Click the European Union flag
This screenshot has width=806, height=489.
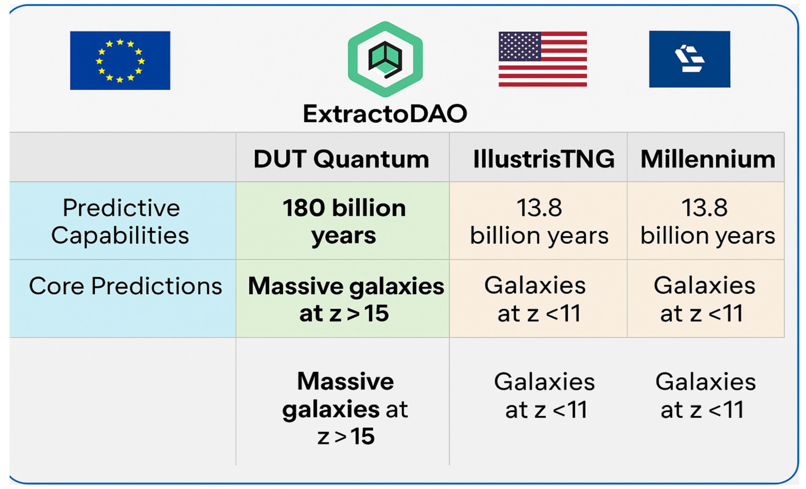pyautogui.click(x=120, y=61)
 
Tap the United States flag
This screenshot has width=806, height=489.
pyautogui.click(x=543, y=59)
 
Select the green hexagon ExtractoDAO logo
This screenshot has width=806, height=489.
pyautogui.click(x=385, y=59)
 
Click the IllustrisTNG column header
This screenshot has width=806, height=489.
pyautogui.click(x=544, y=159)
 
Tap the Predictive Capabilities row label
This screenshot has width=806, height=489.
pyautogui.click(x=120, y=222)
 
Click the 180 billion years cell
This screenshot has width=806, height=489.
pyautogui.click(x=344, y=222)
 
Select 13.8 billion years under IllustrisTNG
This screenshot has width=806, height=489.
pyautogui.click(x=539, y=222)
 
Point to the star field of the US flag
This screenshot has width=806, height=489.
pyautogui.click(x=519, y=46)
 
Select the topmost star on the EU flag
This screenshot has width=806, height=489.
pyautogui.click(x=120, y=42)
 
